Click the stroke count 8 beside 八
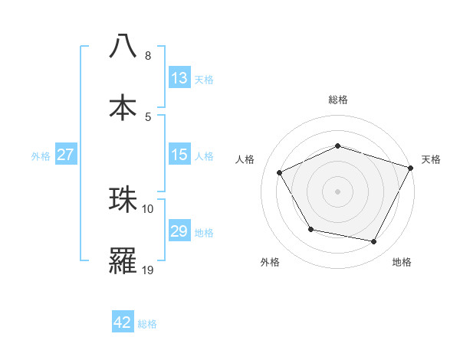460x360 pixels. [148, 56]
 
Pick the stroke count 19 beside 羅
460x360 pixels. [148, 270]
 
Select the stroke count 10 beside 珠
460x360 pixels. [148, 208]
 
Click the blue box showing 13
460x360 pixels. [179, 78]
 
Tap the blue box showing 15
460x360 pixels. [179, 155]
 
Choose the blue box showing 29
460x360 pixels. [179, 231]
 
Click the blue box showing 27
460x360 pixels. [65, 155]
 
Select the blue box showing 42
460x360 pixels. [123, 322]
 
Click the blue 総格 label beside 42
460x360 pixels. [148, 324]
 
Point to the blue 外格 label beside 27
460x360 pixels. [41, 156]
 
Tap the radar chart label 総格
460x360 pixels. [338, 100]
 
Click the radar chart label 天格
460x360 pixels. [431, 159]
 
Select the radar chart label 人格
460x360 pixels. [245, 159]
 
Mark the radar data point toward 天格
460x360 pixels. [412, 167]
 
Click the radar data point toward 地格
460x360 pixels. [374, 242]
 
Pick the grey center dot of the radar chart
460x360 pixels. [338, 191]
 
